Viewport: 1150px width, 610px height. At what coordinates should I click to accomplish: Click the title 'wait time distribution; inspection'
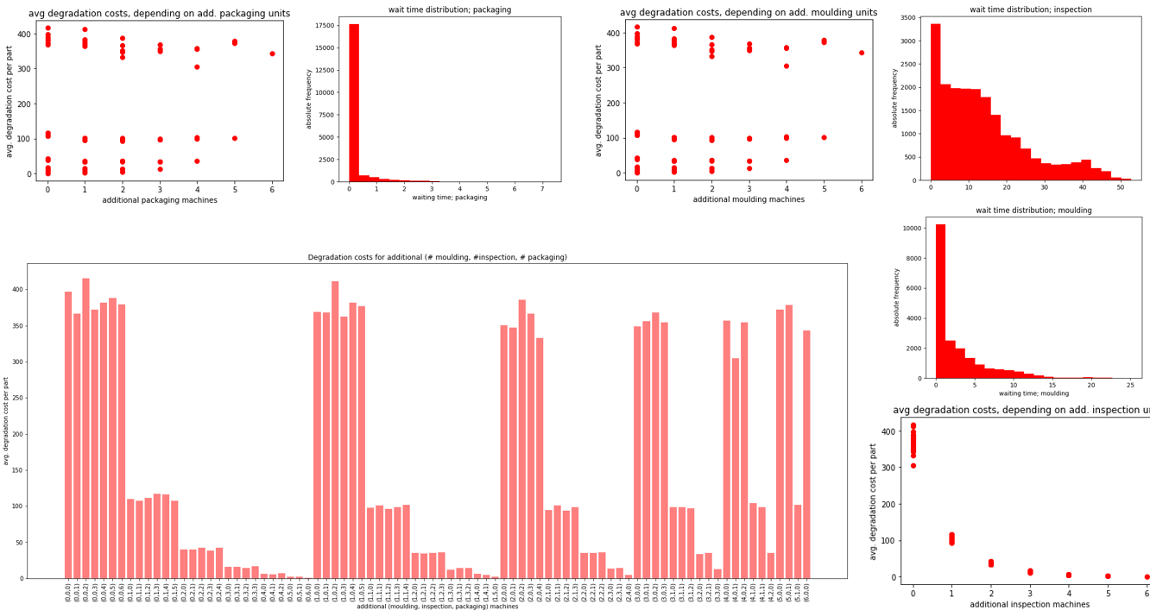(1030, 9)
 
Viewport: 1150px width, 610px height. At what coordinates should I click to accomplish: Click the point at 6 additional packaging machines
(272, 53)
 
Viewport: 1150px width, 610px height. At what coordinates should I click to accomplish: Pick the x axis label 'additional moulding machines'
(749, 200)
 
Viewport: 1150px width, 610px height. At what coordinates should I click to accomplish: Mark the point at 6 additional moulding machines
(861, 53)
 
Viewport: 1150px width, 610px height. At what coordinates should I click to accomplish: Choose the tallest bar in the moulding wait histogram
(940, 301)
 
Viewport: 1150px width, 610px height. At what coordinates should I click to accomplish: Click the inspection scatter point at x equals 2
(991, 563)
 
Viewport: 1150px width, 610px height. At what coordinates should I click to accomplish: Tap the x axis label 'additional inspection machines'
(1029, 604)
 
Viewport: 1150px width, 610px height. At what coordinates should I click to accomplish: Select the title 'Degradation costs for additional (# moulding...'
(438, 257)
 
